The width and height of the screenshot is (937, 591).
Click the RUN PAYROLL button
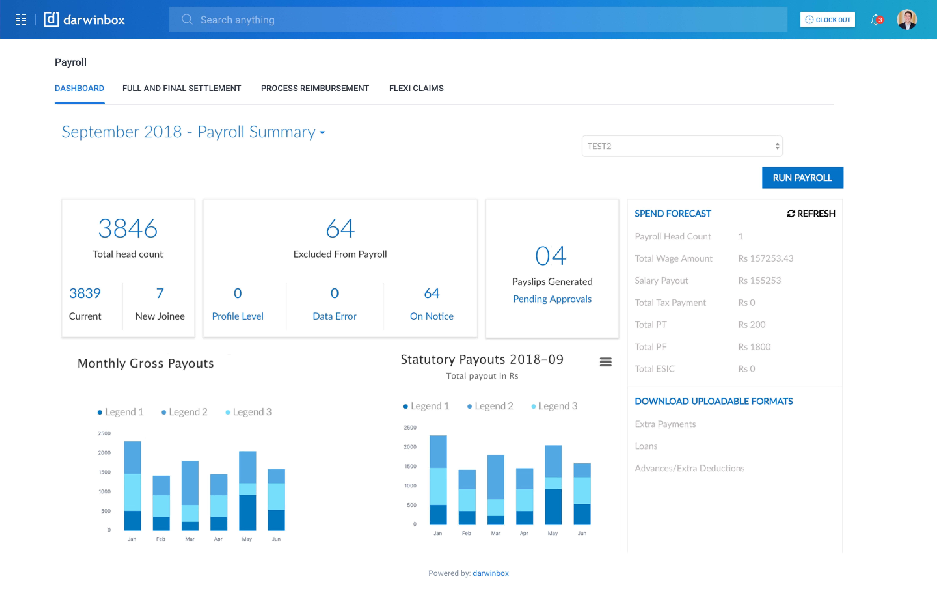pyautogui.click(x=802, y=178)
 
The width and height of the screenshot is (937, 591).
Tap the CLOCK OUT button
pyautogui.click(x=827, y=20)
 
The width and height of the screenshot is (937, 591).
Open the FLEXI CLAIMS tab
pyautogui.click(x=416, y=88)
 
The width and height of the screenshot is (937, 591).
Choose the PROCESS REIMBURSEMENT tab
pyautogui.click(x=315, y=88)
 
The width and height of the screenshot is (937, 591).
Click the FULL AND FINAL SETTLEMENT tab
pyautogui.click(x=182, y=88)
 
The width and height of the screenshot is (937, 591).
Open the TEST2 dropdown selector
pyautogui.click(x=682, y=146)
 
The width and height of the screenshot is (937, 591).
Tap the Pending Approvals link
pyautogui.click(x=552, y=299)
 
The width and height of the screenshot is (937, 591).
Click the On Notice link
pyautogui.click(x=432, y=316)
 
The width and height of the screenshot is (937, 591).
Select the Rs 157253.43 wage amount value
pyautogui.click(x=765, y=258)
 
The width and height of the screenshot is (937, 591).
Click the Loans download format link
pyautogui.click(x=646, y=446)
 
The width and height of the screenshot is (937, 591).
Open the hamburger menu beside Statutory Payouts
pyautogui.click(x=606, y=362)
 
